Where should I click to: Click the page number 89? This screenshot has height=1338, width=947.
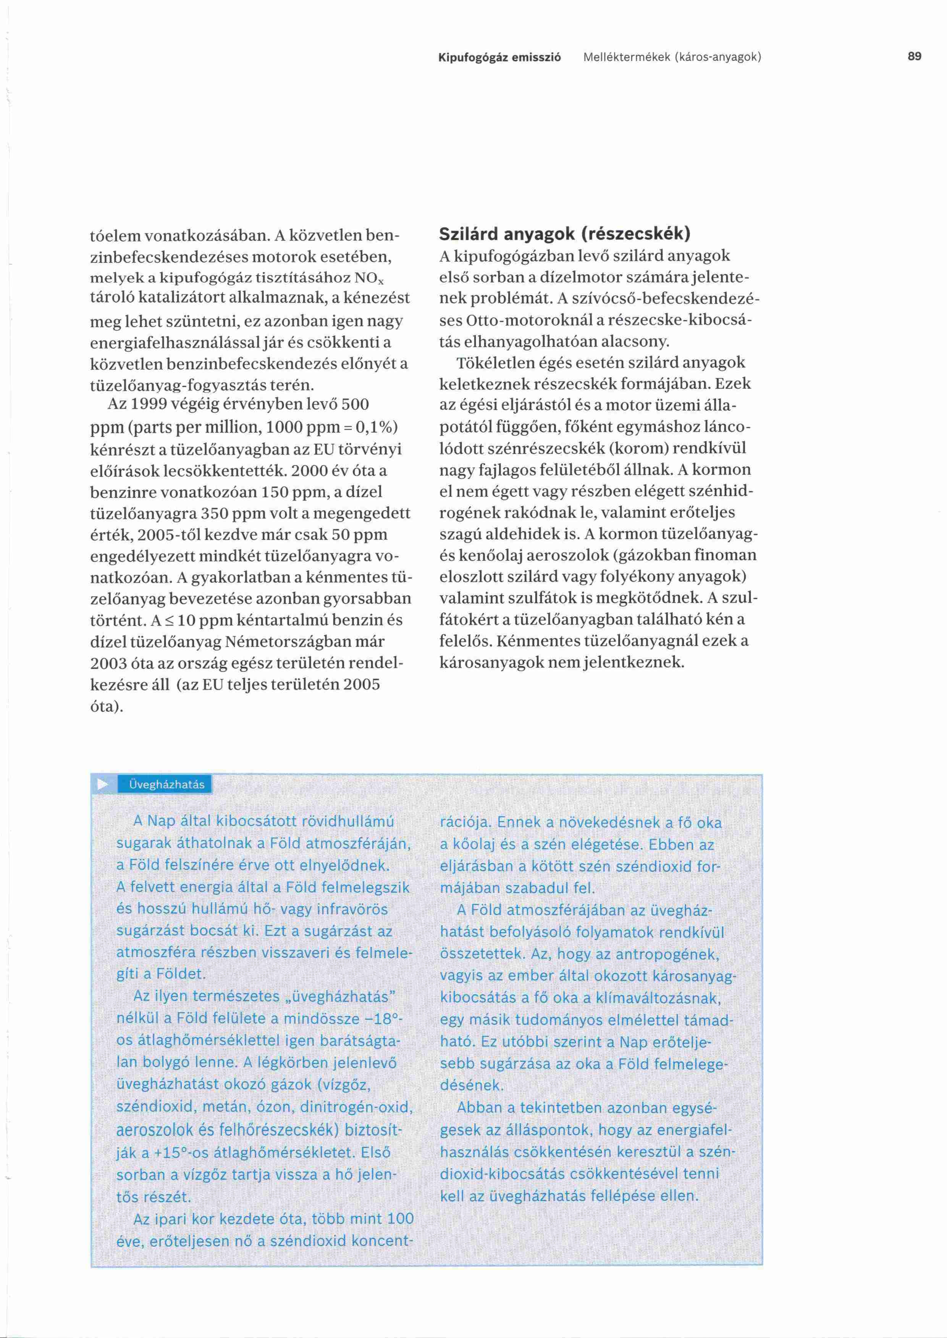(914, 56)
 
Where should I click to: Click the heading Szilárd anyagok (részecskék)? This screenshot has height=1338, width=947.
(564, 234)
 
